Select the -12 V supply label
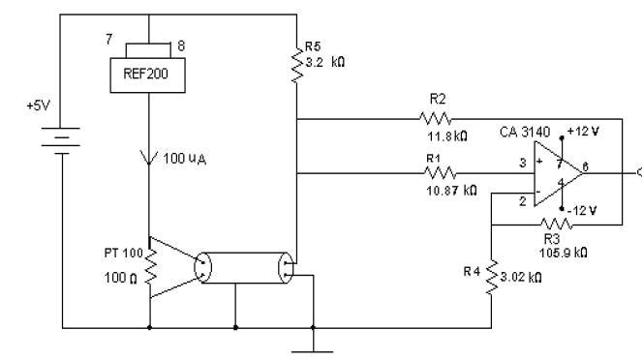[585, 210]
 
